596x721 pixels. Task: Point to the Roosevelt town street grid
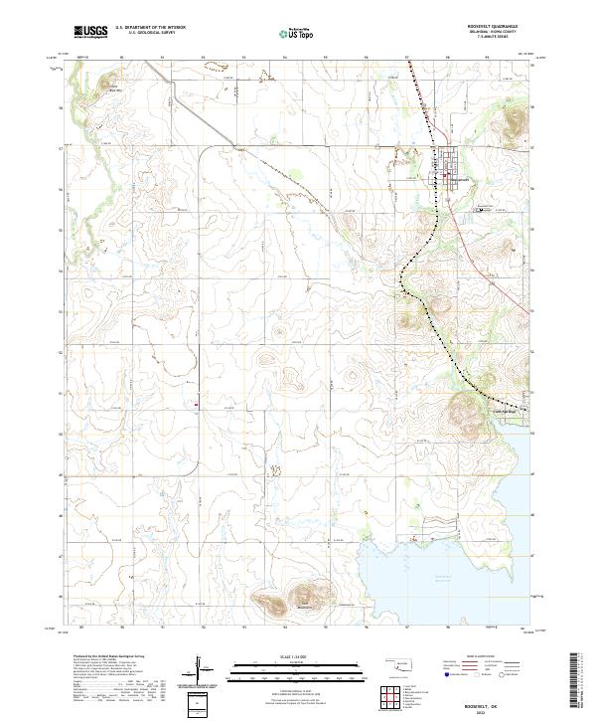click(x=448, y=170)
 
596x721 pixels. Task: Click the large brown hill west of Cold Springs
click(x=464, y=408)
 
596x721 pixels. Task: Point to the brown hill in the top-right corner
click(x=516, y=120)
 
